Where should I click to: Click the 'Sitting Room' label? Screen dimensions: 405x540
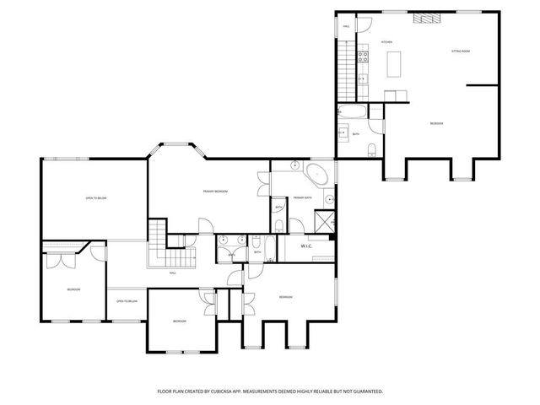pos(460,51)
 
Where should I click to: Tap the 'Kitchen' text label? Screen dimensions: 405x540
pos(386,41)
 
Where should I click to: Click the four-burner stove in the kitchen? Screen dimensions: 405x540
pos(363,57)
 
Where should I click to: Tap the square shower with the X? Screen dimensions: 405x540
pos(322,220)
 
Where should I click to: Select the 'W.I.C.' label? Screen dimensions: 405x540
pos(307,246)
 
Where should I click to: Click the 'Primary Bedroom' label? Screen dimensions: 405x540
pos(215,192)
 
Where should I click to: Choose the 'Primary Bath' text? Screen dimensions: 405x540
pos(303,197)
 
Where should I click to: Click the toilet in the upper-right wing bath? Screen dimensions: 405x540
pos(372,149)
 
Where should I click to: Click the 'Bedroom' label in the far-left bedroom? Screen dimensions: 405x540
pos(73,289)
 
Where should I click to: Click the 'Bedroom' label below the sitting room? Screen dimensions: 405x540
pos(436,124)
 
